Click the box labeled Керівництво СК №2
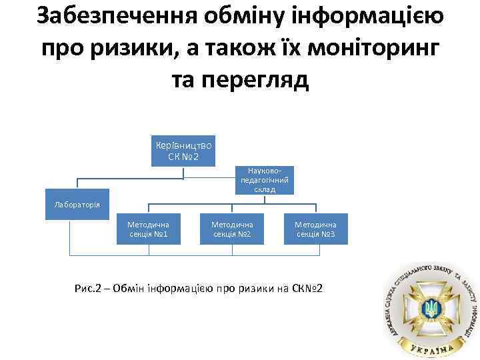pos(183,151)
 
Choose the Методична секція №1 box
pos(148,229)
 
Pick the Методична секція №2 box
pos(232,229)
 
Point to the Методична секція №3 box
pos(315,229)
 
